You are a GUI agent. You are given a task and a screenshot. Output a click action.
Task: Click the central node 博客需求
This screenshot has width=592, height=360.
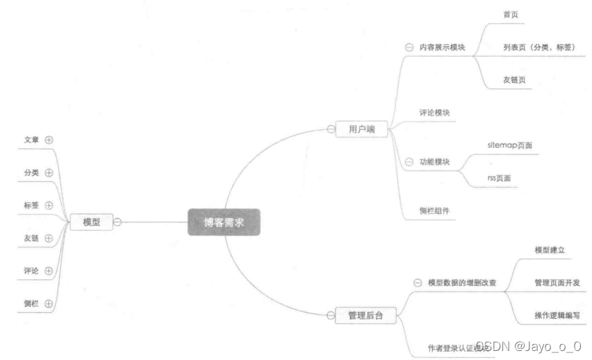pyautogui.click(x=223, y=222)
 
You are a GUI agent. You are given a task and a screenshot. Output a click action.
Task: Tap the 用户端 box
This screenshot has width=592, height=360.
pyautogui.click(x=361, y=129)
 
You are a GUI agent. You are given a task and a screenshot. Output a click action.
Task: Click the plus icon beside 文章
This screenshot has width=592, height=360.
pyautogui.click(x=49, y=139)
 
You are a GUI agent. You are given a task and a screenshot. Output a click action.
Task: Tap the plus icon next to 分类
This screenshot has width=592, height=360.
pyautogui.click(x=49, y=172)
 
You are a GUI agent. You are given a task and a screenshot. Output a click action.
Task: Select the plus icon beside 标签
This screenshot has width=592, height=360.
pyautogui.click(x=49, y=205)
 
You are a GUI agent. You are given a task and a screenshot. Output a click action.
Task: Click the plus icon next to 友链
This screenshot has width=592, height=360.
pyautogui.click(x=49, y=238)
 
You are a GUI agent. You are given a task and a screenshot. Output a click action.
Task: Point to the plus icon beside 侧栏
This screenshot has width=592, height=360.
pyautogui.click(x=49, y=304)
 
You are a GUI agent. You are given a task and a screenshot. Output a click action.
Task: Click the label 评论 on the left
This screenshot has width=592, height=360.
pyautogui.click(x=31, y=271)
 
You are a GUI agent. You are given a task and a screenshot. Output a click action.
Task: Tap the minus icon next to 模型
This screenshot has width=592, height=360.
pyautogui.click(x=117, y=222)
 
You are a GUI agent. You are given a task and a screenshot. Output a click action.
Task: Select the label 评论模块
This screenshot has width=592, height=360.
pyautogui.click(x=437, y=111)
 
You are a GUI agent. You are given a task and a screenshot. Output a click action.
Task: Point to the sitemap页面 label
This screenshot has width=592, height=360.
pyautogui.click(x=511, y=145)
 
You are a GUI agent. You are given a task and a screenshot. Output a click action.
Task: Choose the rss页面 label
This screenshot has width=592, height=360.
pyautogui.click(x=502, y=179)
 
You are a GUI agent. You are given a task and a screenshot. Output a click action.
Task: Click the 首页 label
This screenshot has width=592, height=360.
pyautogui.click(x=511, y=14)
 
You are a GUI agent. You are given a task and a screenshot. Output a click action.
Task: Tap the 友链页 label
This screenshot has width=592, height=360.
pyautogui.click(x=514, y=80)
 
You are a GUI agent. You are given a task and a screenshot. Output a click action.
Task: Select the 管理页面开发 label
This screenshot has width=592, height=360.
pyautogui.click(x=557, y=282)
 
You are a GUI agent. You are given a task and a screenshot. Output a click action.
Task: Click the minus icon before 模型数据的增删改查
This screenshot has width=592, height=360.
pyautogui.click(x=418, y=283)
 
